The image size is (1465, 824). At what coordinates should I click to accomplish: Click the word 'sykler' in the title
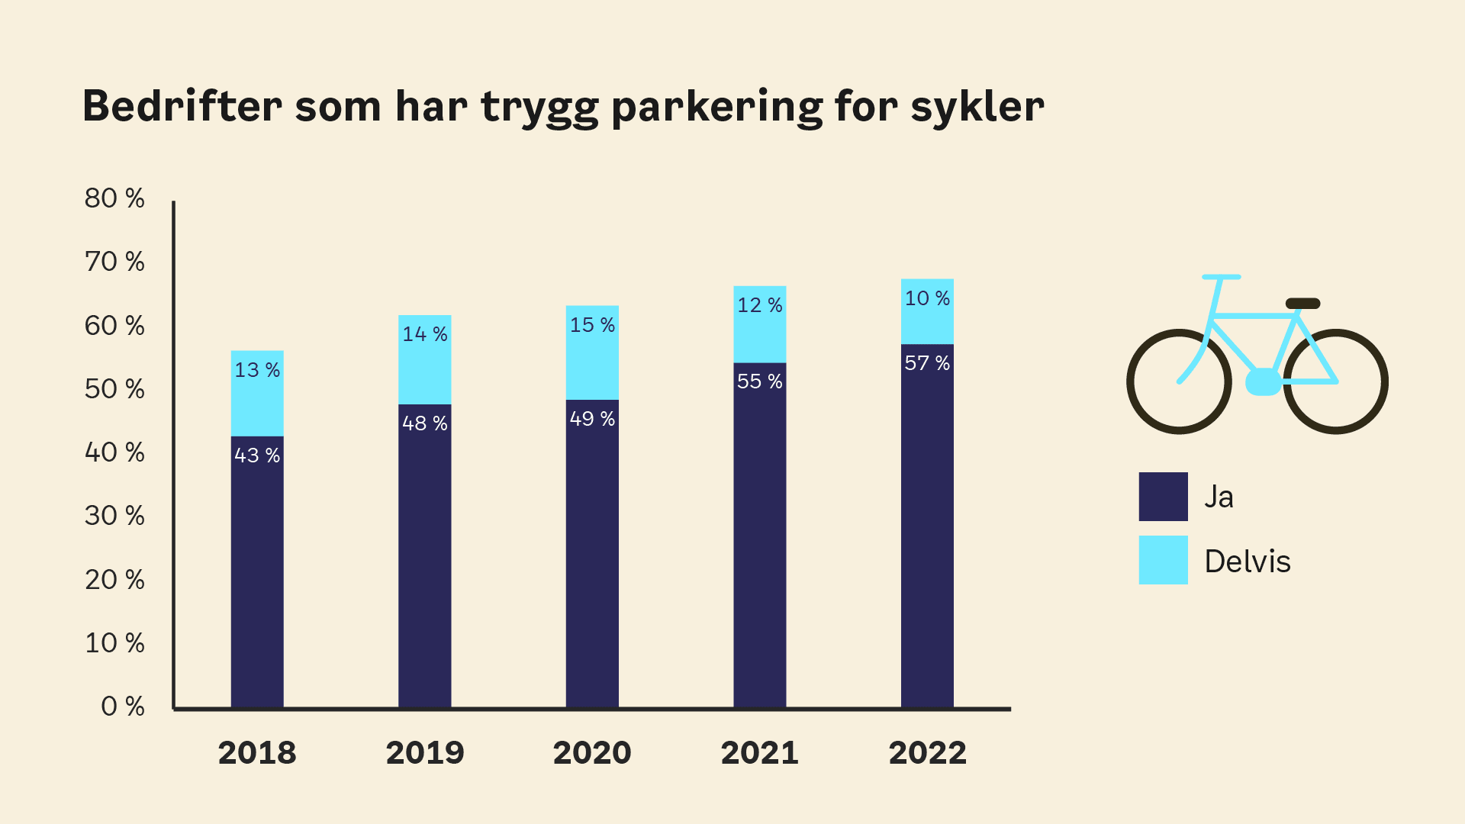(x=977, y=106)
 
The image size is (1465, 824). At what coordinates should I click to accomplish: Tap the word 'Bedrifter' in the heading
(x=182, y=106)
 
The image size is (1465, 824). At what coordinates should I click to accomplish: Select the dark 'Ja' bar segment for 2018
(x=257, y=572)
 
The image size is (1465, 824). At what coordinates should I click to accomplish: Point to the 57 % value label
(x=927, y=363)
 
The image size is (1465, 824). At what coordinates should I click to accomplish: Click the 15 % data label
(x=592, y=325)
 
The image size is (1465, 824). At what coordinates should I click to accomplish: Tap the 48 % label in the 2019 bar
(x=425, y=423)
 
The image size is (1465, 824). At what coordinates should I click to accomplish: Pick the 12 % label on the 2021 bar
(x=760, y=305)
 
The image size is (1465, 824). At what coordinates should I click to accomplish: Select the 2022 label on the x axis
(x=927, y=753)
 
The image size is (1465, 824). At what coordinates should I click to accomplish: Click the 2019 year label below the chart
(x=425, y=753)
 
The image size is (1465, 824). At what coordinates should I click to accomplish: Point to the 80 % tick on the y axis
(x=114, y=198)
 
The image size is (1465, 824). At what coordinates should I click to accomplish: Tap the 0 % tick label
(x=123, y=707)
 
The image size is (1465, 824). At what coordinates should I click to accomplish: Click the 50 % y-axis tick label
(x=114, y=389)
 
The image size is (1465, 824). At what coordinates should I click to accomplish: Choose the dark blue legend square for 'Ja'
(x=1163, y=497)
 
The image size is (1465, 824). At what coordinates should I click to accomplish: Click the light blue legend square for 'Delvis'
(x=1163, y=560)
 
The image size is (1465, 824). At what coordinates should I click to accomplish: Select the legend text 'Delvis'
(x=1248, y=562)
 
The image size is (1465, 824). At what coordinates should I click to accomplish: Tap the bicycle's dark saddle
(x=1302, y=304)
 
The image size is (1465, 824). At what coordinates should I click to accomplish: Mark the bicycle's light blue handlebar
(x=1221, y=277)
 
